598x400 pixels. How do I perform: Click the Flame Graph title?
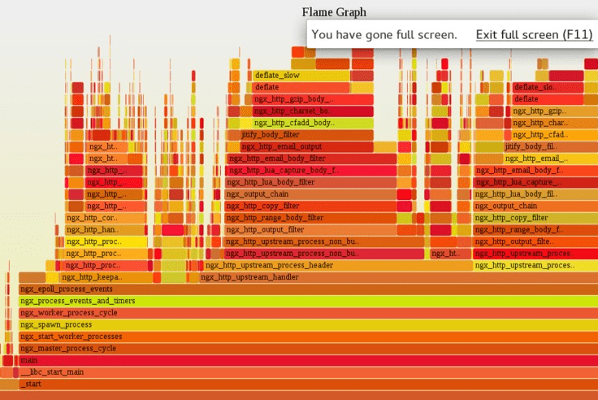334,12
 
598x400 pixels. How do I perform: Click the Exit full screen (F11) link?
534,35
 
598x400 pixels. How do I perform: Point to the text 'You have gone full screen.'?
384,35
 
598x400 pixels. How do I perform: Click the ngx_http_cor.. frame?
92,218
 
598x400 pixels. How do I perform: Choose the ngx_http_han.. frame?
92,229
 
